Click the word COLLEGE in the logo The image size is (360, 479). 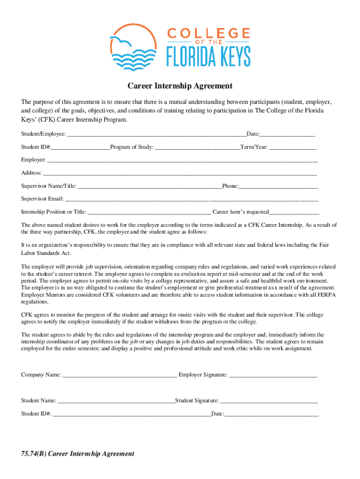(x=209, y=33)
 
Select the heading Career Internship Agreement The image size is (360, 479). (x=180, y=86)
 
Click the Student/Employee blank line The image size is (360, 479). (x=157, y=135)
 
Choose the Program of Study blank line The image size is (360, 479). (x=197, y=147)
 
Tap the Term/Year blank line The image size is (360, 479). (x=293, y=147)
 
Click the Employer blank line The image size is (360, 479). (x=182, y=160)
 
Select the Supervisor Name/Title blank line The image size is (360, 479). (x=150, y=187)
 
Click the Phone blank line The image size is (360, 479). (x=278, y=187)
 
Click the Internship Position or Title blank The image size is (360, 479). (x=150, y=212)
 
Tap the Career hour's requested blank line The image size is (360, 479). (x=294, y=212)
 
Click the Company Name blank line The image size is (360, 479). (x=120, y=375)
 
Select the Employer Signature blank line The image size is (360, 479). (x=274, y=375)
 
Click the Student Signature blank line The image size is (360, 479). (x=269, y=401)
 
